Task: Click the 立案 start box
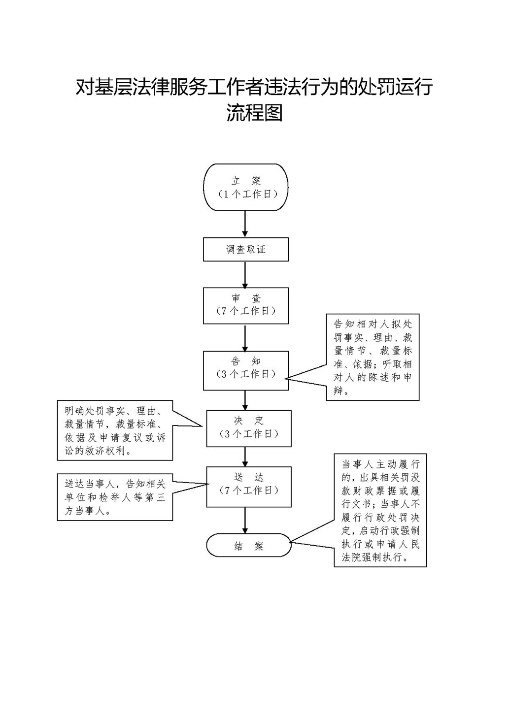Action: pos(246,187)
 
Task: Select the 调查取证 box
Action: pos(246,249)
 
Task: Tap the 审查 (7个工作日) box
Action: pos(246,305)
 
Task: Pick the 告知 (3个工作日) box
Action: pos(246,370)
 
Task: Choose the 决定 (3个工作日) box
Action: pos(249,428)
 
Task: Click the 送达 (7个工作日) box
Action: pos(249,487)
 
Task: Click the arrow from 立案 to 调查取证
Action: pos(245,224)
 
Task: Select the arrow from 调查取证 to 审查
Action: pos(245,274)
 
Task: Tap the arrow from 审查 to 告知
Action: pos(245,337)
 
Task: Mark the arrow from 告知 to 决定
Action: pos(245,400)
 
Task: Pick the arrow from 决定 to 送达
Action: pos(245,457)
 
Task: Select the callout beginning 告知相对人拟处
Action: pos(373,357)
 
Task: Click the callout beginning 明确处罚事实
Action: pos(115,430)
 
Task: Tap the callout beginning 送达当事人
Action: pos(115,497)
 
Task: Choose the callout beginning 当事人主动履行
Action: pos(380,510)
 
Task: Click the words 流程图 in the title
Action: pos(254,113)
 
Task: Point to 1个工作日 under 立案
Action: pos(247,194)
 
